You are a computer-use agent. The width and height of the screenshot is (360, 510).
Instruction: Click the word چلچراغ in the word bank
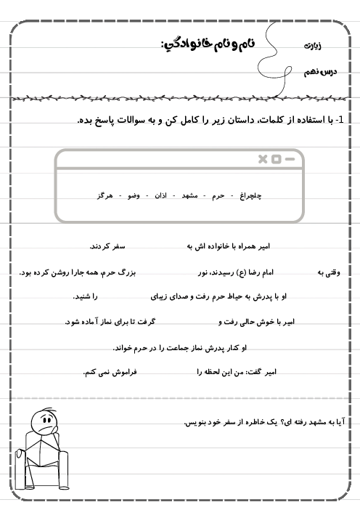[x=250, y=195]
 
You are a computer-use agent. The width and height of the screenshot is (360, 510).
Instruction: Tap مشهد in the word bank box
[x=189, y=195]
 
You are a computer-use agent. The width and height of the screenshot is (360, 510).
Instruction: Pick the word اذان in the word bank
[x=160, y=195]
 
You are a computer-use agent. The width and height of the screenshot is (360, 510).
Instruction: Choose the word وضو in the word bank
[x=134, y=195]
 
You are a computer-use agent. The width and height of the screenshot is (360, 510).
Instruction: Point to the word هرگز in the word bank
[x=105, y=195]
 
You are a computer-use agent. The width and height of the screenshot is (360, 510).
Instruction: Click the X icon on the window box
[x=263, y=159]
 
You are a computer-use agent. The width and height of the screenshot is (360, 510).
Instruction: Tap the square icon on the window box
[x=276, y=159]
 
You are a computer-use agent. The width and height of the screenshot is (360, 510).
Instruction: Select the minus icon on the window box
[x=290, y=159]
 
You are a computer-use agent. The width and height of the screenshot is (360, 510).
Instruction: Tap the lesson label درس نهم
[x=320, y=72]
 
